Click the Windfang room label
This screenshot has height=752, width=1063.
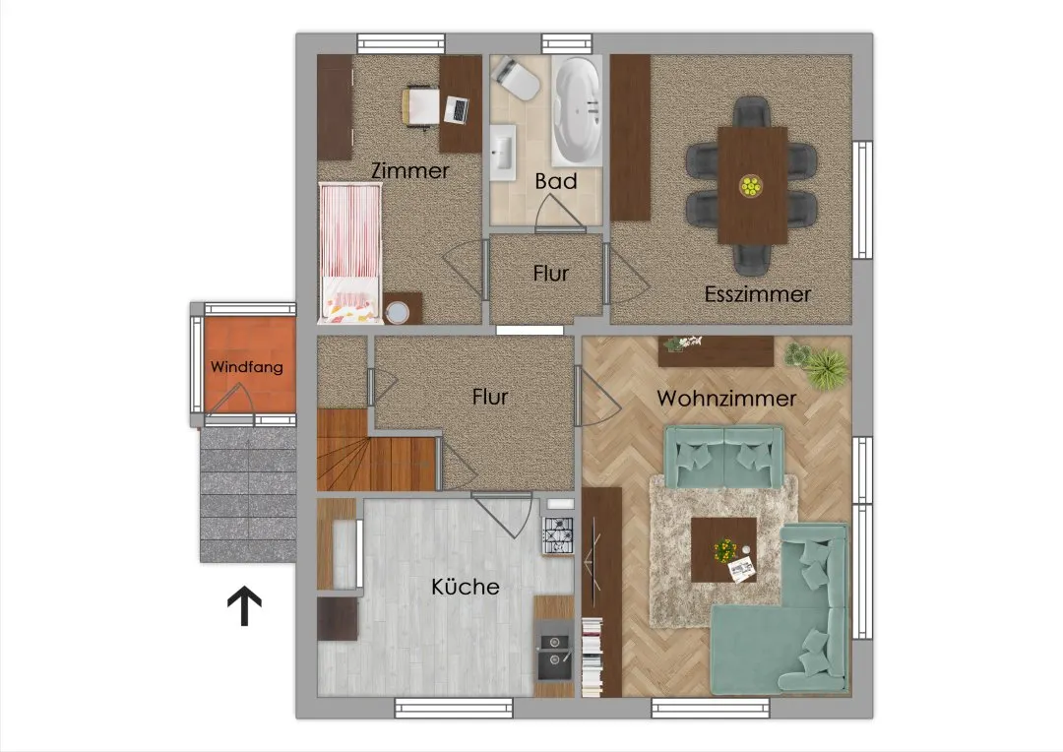(x=247, y=367)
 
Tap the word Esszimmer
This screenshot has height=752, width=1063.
(x=757, y=294)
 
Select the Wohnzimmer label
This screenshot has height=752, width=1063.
(x=726, y=398)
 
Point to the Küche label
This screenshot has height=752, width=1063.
(x=465, y=587)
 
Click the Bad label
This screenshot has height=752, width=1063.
(x=556, y=181)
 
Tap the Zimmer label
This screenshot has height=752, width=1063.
(x=409, y=170)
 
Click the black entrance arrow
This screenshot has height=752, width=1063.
(x=244, y=606)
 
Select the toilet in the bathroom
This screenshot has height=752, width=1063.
(x=517, y=78)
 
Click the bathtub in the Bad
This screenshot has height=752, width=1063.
(x=576, y=111)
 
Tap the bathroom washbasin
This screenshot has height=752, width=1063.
(x=503, y=152)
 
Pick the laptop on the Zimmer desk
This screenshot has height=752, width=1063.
(x=457, y=110)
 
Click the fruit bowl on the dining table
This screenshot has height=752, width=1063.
(x=750, y=186)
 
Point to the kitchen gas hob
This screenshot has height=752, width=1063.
(x=557, y=535)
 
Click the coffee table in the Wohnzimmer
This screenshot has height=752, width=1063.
(x=724, y=550)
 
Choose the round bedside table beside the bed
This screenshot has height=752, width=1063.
(x=397, y=312)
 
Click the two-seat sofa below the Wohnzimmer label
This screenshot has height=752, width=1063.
(x=724, y=457)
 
